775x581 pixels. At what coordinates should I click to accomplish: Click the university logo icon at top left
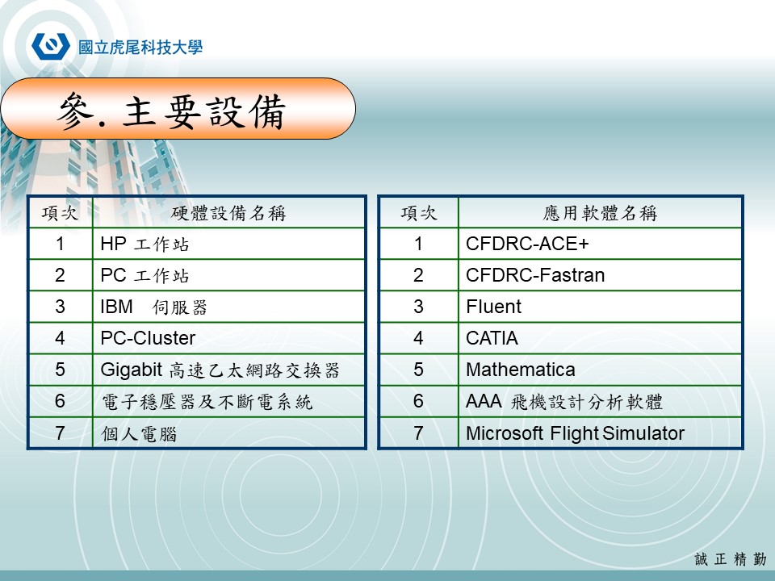50,45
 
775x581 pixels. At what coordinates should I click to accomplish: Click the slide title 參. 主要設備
171,113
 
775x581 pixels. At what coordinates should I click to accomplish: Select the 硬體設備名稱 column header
228,213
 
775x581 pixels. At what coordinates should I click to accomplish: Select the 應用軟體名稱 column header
600,213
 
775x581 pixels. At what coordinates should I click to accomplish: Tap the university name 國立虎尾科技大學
140,46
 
